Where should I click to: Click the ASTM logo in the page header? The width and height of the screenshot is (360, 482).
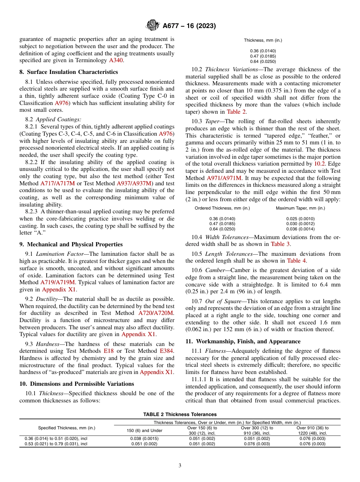(153, 26)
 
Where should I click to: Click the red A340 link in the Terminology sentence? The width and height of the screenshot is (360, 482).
(116, 60)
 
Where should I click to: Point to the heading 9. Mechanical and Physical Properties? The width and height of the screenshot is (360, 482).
(71, 244)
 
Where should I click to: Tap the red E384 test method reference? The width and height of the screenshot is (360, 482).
(167, 351)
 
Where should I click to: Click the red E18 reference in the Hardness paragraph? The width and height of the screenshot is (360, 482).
(108, 351)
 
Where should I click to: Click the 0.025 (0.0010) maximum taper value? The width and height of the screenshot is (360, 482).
(300, 219)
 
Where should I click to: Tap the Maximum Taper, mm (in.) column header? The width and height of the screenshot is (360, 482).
(300, 208)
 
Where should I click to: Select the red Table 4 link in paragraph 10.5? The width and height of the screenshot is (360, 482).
(294, 261)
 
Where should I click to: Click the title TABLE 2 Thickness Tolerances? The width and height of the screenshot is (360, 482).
(180, 415)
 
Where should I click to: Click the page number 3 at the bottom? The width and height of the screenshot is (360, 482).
(180, 466)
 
